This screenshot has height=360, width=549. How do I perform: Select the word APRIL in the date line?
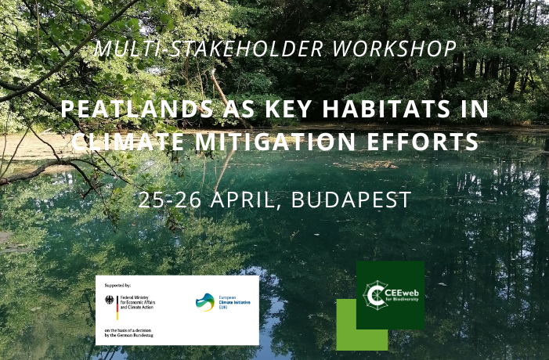click(243, 199)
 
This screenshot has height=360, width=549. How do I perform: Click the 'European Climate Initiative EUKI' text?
click(234, 303)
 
